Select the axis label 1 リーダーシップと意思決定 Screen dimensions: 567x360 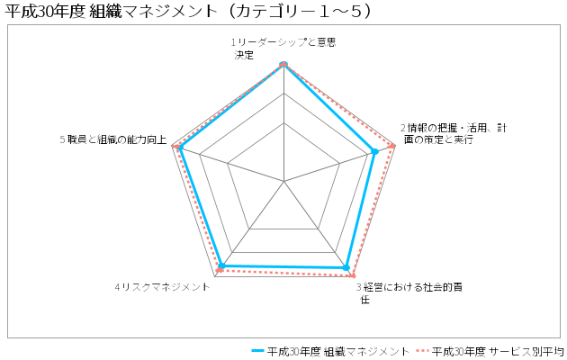283,49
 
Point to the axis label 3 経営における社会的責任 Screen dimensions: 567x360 409,293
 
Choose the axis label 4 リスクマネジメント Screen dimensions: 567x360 162,287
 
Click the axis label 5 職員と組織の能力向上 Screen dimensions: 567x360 113,139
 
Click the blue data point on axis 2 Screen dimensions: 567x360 375,152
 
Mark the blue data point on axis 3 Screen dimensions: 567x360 346,267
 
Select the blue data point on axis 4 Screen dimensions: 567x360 222,265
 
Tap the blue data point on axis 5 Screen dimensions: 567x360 181,147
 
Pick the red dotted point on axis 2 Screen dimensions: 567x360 391,147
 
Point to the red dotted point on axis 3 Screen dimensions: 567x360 352,276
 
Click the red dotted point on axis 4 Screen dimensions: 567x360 219,270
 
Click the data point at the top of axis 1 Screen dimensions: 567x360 283,64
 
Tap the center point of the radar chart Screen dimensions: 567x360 284,181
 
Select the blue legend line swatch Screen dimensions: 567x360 257,351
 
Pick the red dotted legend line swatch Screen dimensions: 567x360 422,351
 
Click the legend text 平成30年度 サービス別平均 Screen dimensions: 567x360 498,351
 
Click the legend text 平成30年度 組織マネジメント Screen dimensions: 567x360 338,351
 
